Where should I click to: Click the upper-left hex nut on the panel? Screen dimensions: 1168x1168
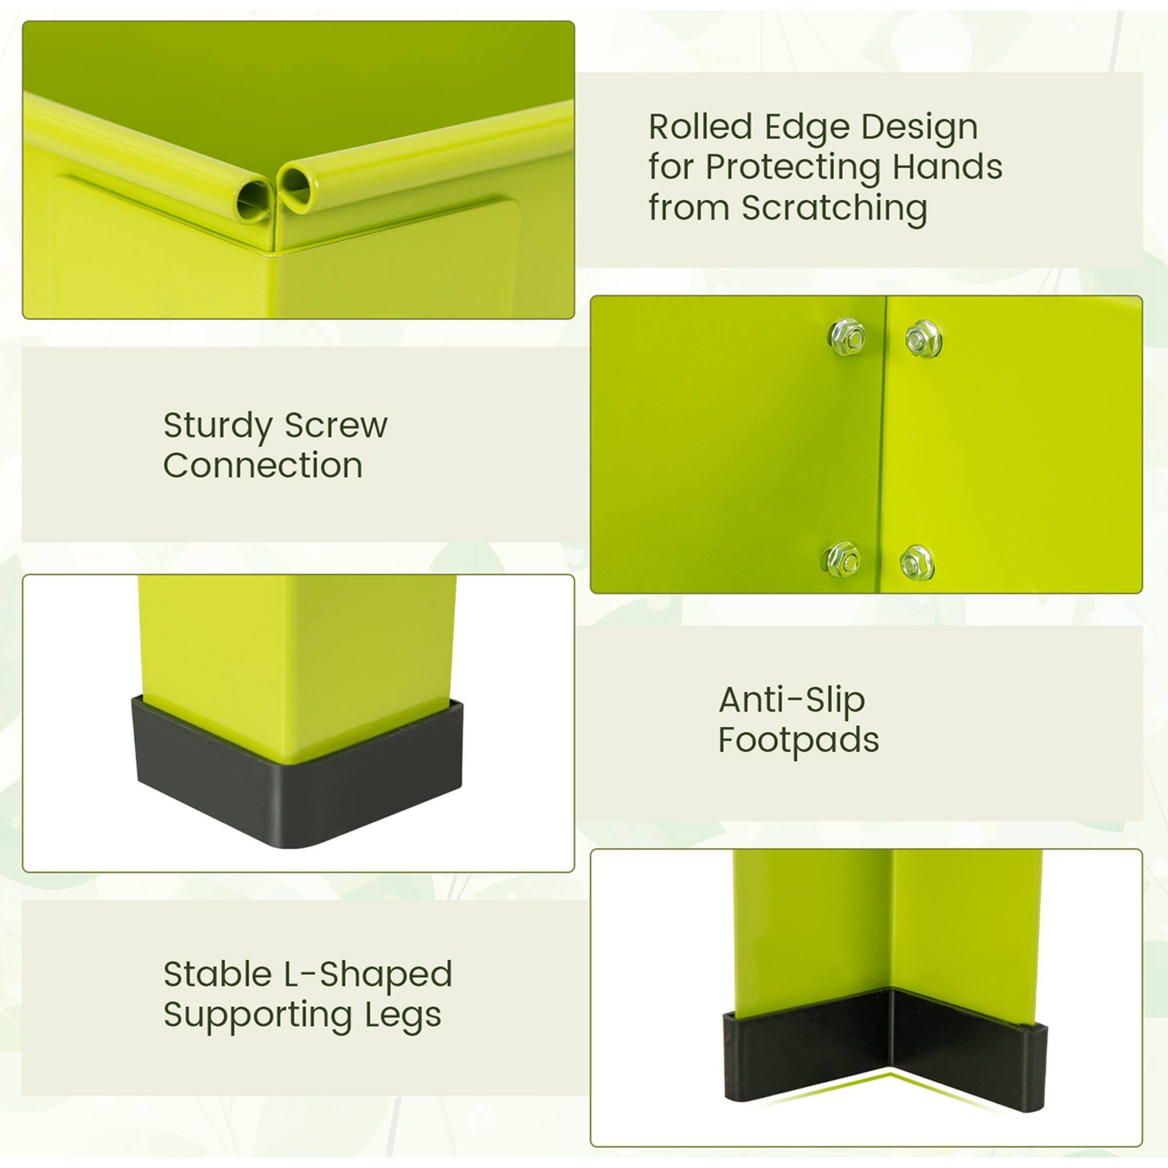coord(847,337)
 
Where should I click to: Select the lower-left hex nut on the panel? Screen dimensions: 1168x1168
coord(844,559)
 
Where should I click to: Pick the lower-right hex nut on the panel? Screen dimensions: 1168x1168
coord(916,563)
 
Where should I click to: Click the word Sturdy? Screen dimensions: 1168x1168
coord(218,427)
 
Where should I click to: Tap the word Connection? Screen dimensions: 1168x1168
coord(263,466)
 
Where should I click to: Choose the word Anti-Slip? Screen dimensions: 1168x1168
coord(792,701)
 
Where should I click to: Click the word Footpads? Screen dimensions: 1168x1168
coord(798,741)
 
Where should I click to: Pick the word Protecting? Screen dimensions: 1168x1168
coord(792,167)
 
